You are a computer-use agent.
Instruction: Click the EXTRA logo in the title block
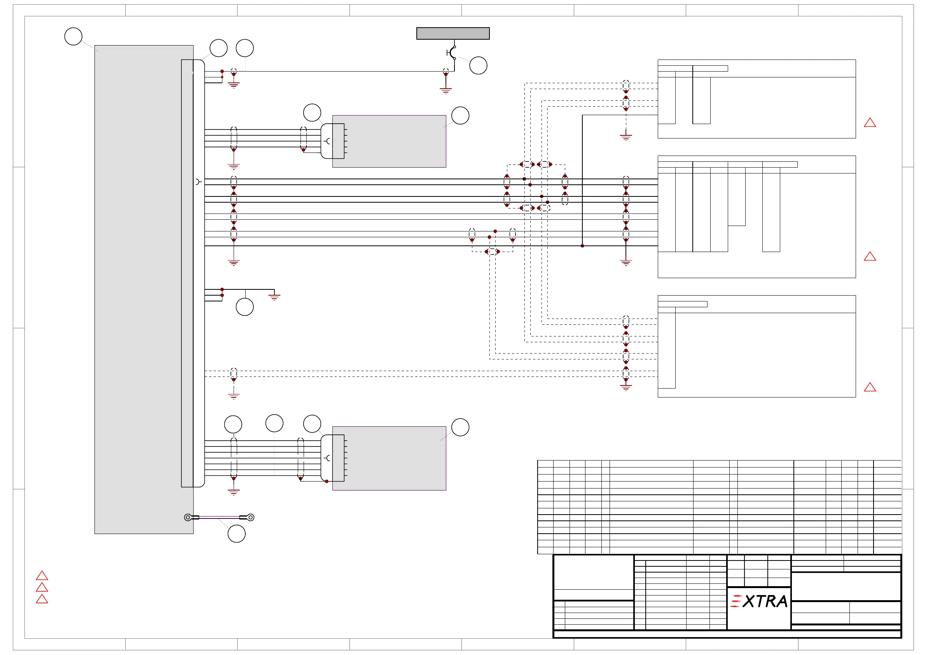(759, 601)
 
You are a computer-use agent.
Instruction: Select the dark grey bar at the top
(453, 33)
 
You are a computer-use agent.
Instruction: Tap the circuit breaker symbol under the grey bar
(452, 53)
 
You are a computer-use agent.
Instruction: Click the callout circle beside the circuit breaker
(478, 65)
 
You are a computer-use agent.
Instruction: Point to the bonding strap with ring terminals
(219, 517)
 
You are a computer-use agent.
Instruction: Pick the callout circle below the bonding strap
(236, 534)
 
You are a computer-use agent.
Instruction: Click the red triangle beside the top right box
(870, 123)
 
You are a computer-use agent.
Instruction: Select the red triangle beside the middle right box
(870, 257)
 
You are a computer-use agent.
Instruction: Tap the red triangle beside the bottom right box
(870, 387)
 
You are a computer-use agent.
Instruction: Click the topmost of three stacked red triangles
(42, 576)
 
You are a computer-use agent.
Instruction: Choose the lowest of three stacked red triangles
(42, 599)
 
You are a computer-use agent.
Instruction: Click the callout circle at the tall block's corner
(73, 36)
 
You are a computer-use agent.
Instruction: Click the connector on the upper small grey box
(333, 141)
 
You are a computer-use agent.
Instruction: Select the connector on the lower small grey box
(333, 458)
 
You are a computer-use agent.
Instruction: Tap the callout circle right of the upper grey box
(460, 116)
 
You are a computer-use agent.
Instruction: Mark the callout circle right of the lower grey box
(460, 427)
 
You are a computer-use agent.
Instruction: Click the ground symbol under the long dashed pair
(234, 396)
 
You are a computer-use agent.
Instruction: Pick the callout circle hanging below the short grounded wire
(245, 307)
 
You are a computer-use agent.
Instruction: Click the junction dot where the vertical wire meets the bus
(582, 246)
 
